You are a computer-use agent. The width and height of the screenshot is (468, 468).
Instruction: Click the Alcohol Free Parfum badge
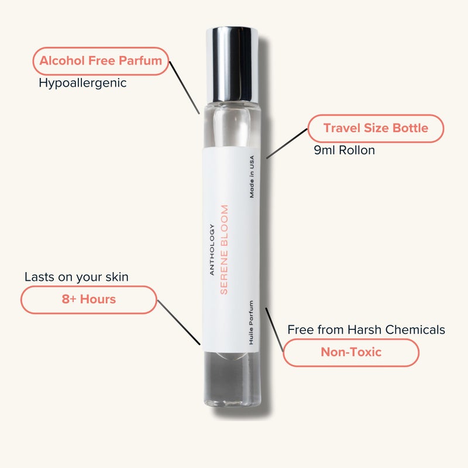click(101, 61)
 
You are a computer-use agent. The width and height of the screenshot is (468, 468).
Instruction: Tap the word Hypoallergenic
click(82, 83)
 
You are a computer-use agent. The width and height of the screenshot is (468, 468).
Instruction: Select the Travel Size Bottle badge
click(376, 128)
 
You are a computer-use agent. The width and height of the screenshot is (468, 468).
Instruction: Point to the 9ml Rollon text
click(345, 150)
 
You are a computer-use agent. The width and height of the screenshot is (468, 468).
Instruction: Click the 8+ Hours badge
click(89, 300)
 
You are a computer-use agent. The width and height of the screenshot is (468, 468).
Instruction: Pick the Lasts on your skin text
click(77, 277)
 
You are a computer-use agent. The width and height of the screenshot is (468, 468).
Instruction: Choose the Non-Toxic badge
click(351, 352)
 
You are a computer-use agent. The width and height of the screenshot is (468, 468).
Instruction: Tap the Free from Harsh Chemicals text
click(366, 330)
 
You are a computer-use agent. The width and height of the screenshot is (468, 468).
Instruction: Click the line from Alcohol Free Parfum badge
click(185, 87)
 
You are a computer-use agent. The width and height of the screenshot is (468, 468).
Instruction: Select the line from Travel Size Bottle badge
click(287, 143)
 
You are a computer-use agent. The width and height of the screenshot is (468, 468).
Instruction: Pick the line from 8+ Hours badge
click(179, 321)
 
